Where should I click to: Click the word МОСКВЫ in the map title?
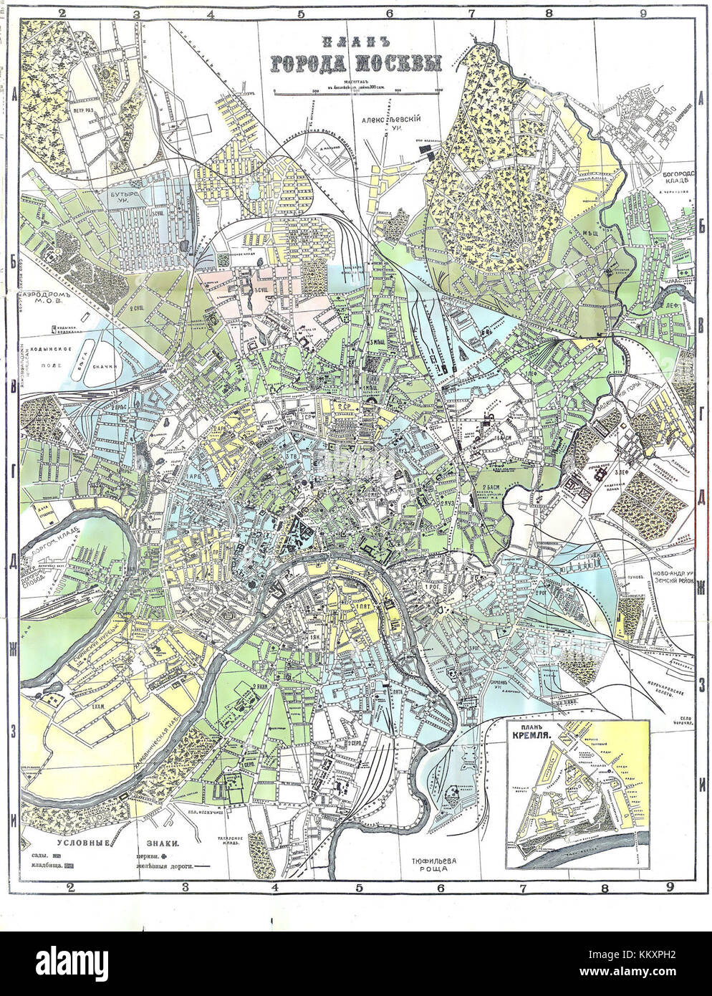pyautogui.click(x=395, y=64)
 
